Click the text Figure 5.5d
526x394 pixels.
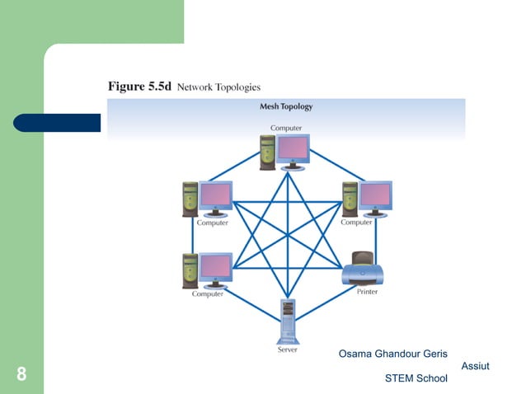139,86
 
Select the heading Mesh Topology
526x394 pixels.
286,106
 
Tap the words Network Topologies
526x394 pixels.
218,87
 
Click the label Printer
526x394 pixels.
367,293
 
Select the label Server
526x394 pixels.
286,349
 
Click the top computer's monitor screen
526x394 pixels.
294,148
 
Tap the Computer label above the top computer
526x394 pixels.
286,128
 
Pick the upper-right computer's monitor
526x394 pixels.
375,195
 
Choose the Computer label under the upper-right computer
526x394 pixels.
356,222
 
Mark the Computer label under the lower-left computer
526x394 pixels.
208,294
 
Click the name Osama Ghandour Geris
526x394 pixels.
392,354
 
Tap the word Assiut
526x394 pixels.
475,366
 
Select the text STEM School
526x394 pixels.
416,378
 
